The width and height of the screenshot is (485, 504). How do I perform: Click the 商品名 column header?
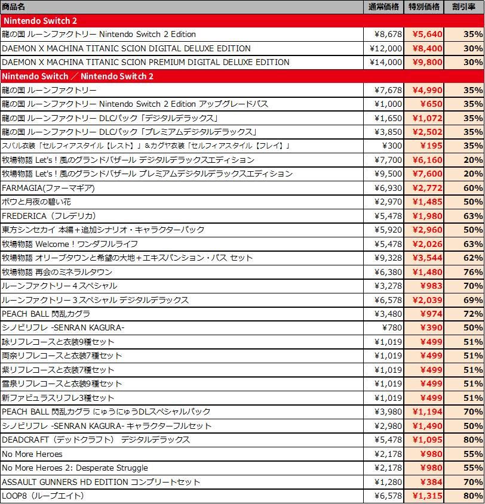pyautogui.click(x=14, y=7)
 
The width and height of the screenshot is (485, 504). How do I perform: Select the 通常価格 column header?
pyautogui.click(x=385, y=7)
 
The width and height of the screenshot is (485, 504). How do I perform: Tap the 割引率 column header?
pyautogui.click(x=463, y=7)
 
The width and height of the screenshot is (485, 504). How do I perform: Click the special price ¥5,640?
pyautogui.click(x=427, y=34)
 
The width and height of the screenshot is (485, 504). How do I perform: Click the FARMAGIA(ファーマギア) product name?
pyautogui.click(x=48, y=188)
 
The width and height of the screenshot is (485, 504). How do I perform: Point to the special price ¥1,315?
pyautogui.click(x=427, y=496)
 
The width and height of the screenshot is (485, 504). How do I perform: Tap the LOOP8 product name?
pyautogui.click(x=42, y=496)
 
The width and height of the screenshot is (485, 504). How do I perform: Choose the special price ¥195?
pyautogui.click(x=432, y=146)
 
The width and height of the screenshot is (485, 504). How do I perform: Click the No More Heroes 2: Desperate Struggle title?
pyautogui.click(x=75, y=468)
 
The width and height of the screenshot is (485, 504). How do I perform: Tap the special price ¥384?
pyautogui.click(x=432, y=482)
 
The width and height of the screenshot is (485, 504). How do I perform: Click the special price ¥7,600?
pyautogui.click(x=427, y=174)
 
